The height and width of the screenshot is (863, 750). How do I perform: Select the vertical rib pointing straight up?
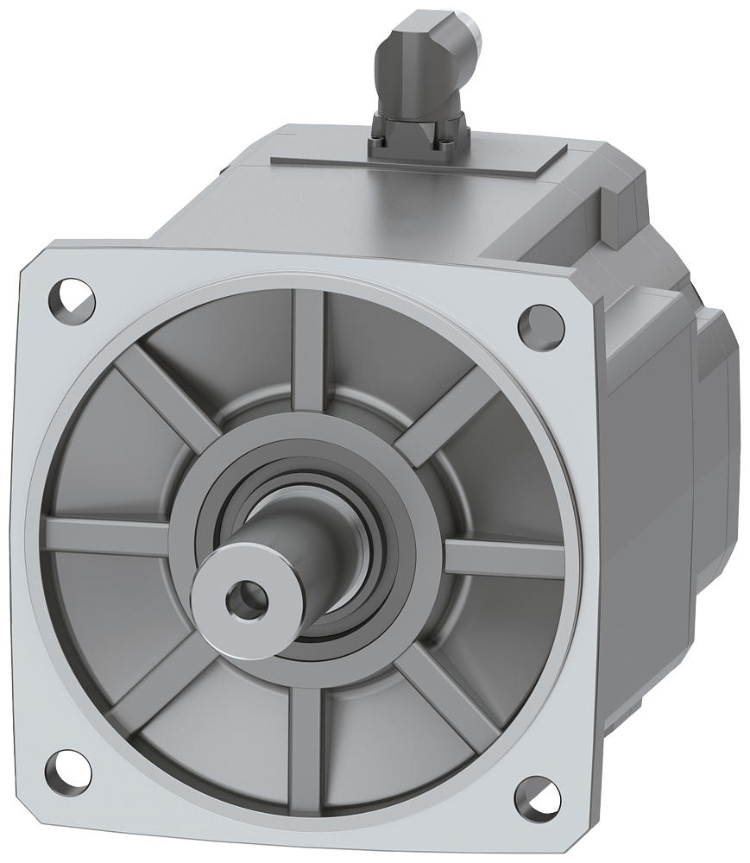[308, 345]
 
